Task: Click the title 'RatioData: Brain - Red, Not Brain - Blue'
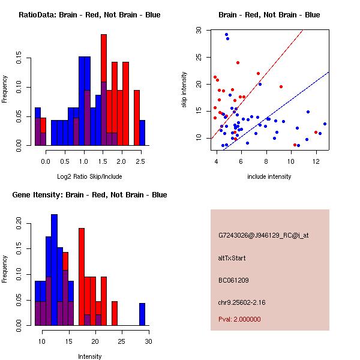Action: pyautogui.click(x=89, y=15)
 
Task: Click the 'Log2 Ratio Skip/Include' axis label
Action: pyautogui.click(x=89, y=178)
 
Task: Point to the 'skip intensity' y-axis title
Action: pyautogui.click(x=185, y=90)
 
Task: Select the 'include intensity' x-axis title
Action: pyautogui.click(x=269, y=176)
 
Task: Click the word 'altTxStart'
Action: pyautogui.click(x=232, y=258)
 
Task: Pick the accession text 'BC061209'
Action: pyautogui.click(x=233, y=280)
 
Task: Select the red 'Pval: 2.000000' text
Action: pyautogui.click(x=239, y=319)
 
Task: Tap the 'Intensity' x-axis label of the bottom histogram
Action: pyautogui.click(x=89, y=356)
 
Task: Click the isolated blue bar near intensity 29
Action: pyautogui.click(x=142, y=314)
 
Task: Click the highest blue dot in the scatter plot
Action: pyautogui.click(x=226, y=35)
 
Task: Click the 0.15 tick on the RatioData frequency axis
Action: pyautogui.click(x=22, y=60)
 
